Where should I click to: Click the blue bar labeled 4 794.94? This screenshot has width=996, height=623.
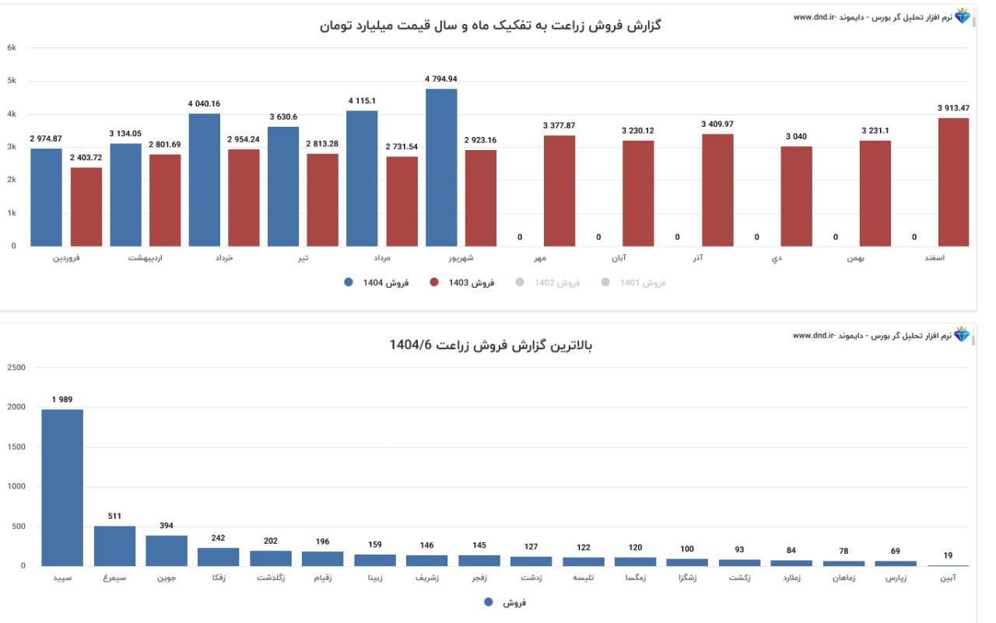pyautogui.click(x=441, y=167)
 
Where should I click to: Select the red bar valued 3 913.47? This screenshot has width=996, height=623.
pyautogui.click(x=953, y=182)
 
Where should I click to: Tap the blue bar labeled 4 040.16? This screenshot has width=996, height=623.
pyautogui.click(x=204, y=180)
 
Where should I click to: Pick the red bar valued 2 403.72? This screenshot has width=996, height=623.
pyautogui.click(x=86, y=207)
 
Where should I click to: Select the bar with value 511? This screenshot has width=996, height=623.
pyautogui.click(x=114, y=546)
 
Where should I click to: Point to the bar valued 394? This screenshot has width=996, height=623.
pyautogui.click(x=167, y=551)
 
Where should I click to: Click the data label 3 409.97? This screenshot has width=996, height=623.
pyautogui.click(x=717, y=124)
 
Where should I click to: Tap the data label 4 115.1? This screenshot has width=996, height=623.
pyautogui.click(x=362, y=101)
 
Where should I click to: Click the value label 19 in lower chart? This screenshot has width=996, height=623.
pyautogui.click(x=948, y=555)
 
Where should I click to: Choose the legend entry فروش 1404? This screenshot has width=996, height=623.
pyautogui.click(x=377, y=283)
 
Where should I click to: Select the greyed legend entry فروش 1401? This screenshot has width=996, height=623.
pyautogui.click(x=633, y=283)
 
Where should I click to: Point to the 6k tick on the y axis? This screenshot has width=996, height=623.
pyautogui.click(x=12, y=47)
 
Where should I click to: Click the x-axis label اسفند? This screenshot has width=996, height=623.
pyautogui.click(x=954, y=258)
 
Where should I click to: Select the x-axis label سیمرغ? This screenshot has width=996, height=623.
pyautogui.click(x=114, y=579)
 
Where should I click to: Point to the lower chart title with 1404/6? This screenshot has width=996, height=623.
pyautogui.click(x=490, y=345)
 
